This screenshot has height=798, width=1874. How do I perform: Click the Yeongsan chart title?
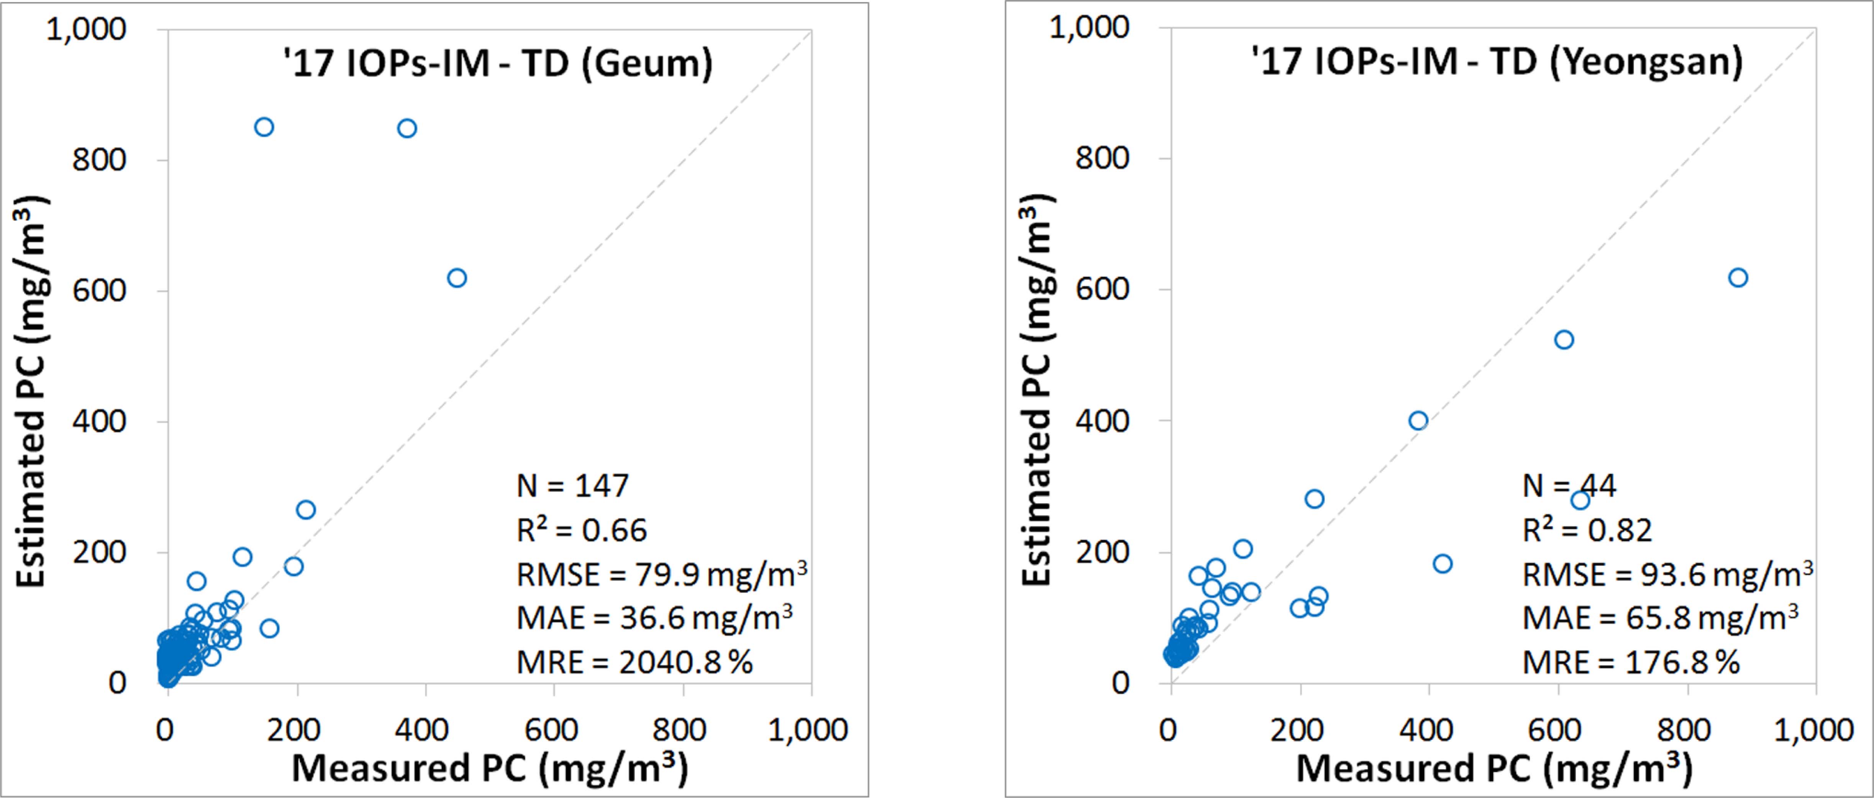click(1497, 62)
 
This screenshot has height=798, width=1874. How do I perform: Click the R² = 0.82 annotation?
click(1587, 530)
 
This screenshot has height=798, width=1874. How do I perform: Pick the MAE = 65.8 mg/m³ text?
click(1660, 618)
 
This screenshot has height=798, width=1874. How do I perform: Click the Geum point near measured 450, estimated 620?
click(457, 278)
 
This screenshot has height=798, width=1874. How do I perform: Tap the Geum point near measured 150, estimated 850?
click(264, 127)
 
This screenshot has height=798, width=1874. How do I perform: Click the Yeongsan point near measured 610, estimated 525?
click(1564, 340)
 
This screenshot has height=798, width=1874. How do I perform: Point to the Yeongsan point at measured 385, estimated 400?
click(1418, 421)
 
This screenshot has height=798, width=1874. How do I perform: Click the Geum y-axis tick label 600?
click(99, 290)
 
